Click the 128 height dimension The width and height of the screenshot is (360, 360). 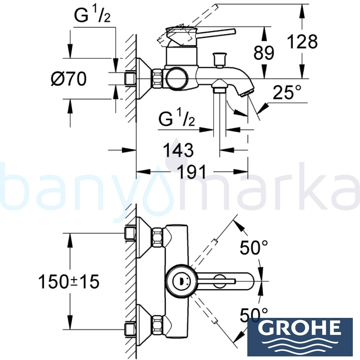click(302, 42)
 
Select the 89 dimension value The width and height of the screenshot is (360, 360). click(264, 53)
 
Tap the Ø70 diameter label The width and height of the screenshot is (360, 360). click(68, 78)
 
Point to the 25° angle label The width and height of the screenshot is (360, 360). click(287, 93)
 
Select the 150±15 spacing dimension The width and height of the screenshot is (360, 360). click(69, 282)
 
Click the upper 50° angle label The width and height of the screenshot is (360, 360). click(254, 248)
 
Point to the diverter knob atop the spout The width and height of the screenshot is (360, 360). click(219, 59)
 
